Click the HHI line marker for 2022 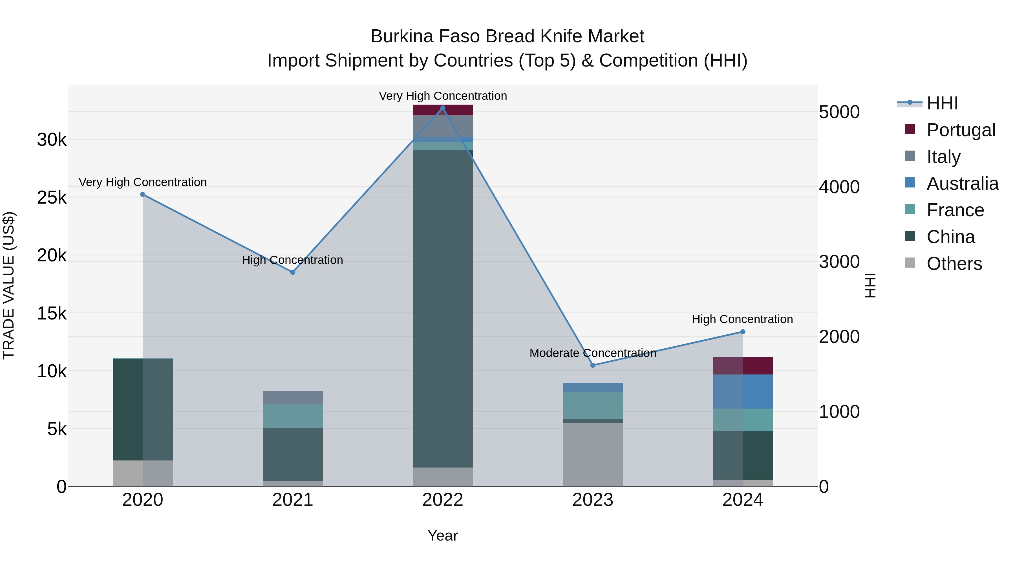coord(442,108)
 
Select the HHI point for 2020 coord(143,194)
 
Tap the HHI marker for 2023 coord(593,365)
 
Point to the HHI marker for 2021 coord(293,272)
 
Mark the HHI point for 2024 coord(743,332)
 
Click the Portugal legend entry coord(961,130)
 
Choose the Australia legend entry coord(962,184)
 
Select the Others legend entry coord(954,264)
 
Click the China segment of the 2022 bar coord(442,307)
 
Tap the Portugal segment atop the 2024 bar coord(743,366)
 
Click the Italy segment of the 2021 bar coord(293,398)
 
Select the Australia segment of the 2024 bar coord(743,391)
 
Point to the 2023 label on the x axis coord(593,500)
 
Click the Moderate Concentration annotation coord(593,353)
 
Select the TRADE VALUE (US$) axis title coord(9,285)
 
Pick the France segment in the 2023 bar coord(593,405)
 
